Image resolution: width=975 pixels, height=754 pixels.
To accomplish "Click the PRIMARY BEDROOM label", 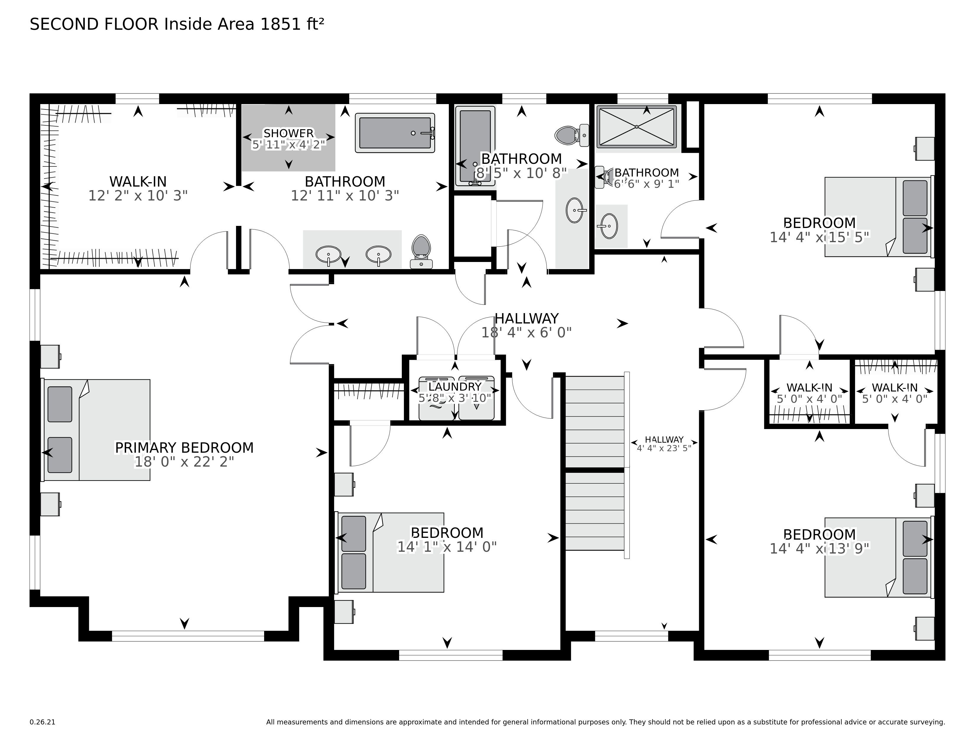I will [x=184, y=448].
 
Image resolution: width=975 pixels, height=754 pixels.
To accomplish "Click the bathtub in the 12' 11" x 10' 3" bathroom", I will [x=395, y=133].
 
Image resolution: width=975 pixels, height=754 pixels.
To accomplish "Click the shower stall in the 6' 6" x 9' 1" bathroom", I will [x=636, y=127].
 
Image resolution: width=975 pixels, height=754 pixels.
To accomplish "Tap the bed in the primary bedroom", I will [x=97, y=430].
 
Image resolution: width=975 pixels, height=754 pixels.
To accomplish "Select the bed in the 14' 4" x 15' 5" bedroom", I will [x=877, y=217].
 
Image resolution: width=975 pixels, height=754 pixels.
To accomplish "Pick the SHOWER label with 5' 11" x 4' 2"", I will [x=288, y=133].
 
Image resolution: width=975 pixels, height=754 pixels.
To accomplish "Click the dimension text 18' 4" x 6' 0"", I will [x=526, y=333].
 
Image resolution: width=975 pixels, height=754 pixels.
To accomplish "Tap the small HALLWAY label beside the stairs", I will [x=664, y=439].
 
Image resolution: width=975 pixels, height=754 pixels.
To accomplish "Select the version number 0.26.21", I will [x=43, y=722].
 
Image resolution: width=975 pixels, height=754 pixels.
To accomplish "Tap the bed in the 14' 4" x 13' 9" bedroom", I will [x=877, y=557].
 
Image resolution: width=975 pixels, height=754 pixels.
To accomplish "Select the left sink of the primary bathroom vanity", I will [x=328, y=254].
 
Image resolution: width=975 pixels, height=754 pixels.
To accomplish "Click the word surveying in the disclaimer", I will [x=928, y=722].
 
